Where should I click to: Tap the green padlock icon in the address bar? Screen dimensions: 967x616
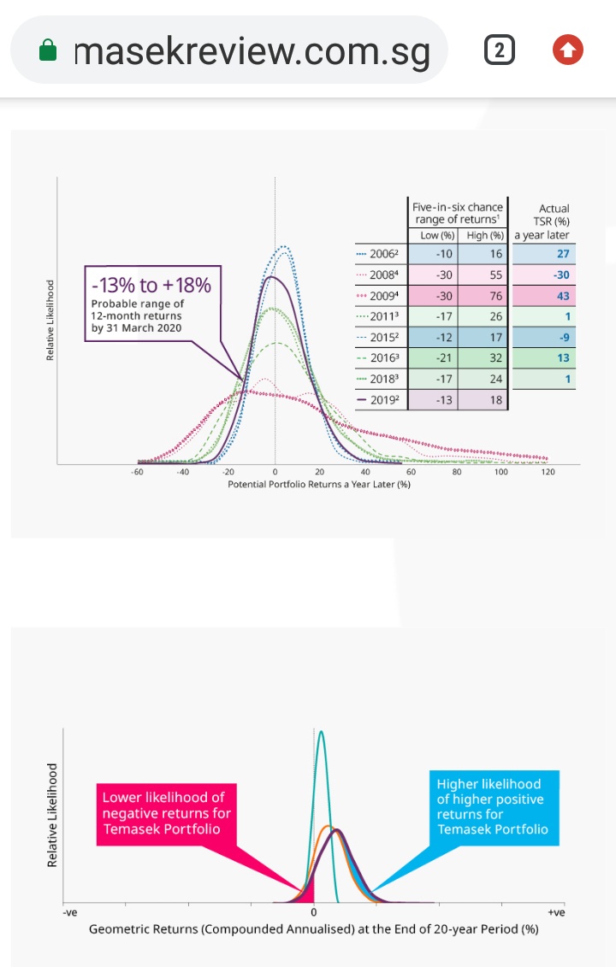pos(49,52)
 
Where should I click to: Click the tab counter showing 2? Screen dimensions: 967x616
pos(499,52)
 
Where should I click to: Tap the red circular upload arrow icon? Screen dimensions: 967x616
pos(568,51)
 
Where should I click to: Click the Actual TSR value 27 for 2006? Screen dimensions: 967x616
pos(562,254)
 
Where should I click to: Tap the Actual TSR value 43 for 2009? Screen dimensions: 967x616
pos(562,296)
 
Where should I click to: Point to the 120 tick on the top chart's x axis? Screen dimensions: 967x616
pos(547,472)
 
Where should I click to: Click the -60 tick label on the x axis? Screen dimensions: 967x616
pos(137,472)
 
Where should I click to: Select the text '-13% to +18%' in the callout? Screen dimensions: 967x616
pos(151,284)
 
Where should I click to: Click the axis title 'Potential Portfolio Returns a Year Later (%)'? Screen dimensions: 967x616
pos(319,484)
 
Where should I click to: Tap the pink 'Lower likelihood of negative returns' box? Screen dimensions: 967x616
pos(167,813)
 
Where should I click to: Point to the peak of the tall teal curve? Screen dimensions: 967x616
pos(321,732)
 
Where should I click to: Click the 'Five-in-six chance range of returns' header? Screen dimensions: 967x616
pos(457,213)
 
